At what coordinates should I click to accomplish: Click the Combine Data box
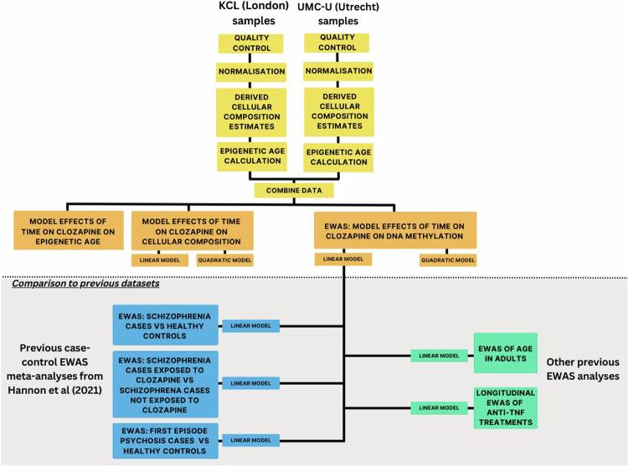296,190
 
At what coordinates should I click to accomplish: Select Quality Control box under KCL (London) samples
253,42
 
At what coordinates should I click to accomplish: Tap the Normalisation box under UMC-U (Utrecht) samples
338,70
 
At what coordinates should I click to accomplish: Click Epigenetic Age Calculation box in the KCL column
253,156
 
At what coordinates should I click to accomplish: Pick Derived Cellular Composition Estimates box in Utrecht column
338,110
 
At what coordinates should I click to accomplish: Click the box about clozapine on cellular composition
192,230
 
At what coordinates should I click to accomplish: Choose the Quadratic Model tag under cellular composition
224,260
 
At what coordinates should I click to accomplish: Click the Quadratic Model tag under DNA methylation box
447,260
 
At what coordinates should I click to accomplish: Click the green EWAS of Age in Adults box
505,355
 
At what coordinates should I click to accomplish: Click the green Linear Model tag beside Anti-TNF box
438,407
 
